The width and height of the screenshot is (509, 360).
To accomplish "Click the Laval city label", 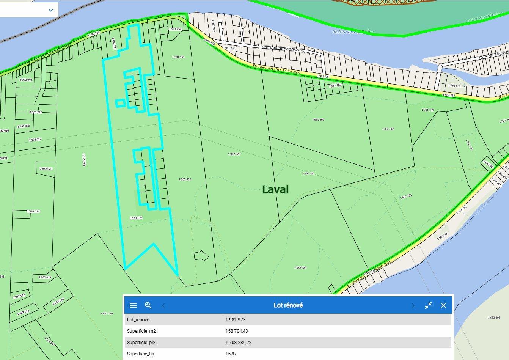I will pos(275,189).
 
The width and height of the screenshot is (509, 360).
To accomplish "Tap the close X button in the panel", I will pos(443,305).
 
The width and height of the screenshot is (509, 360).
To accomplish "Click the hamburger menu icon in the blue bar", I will pos(133,305).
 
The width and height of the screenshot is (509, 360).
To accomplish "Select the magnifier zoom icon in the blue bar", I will pos(148,305).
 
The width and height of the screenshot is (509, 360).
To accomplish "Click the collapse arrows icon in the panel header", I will pos(428,305).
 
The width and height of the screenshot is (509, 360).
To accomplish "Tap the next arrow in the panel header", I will pos(413,305).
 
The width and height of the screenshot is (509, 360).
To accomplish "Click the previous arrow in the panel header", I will pos(163,305).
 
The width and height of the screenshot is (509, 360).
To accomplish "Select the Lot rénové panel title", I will pos(288,305).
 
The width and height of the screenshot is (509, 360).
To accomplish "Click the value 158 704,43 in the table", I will pos(236,331).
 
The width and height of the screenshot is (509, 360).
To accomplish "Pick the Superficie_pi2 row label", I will pos(141,343).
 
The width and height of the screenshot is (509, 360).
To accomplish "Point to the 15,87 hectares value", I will pos(231,354).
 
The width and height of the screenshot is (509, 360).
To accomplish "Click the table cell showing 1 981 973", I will pos(236,320).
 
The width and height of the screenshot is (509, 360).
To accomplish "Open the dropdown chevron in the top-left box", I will pos(51,10).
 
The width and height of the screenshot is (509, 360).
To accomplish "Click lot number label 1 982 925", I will pos(234,154).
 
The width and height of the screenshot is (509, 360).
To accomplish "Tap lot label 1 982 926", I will pos(185,179).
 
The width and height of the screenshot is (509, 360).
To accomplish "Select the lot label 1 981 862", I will pos(318,119).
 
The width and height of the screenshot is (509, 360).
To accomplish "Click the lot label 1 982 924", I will pos(300,267).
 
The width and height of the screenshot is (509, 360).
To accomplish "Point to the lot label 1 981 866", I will pos(388,129).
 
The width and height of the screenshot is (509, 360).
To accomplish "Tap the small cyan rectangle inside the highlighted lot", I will pos(120,103).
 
